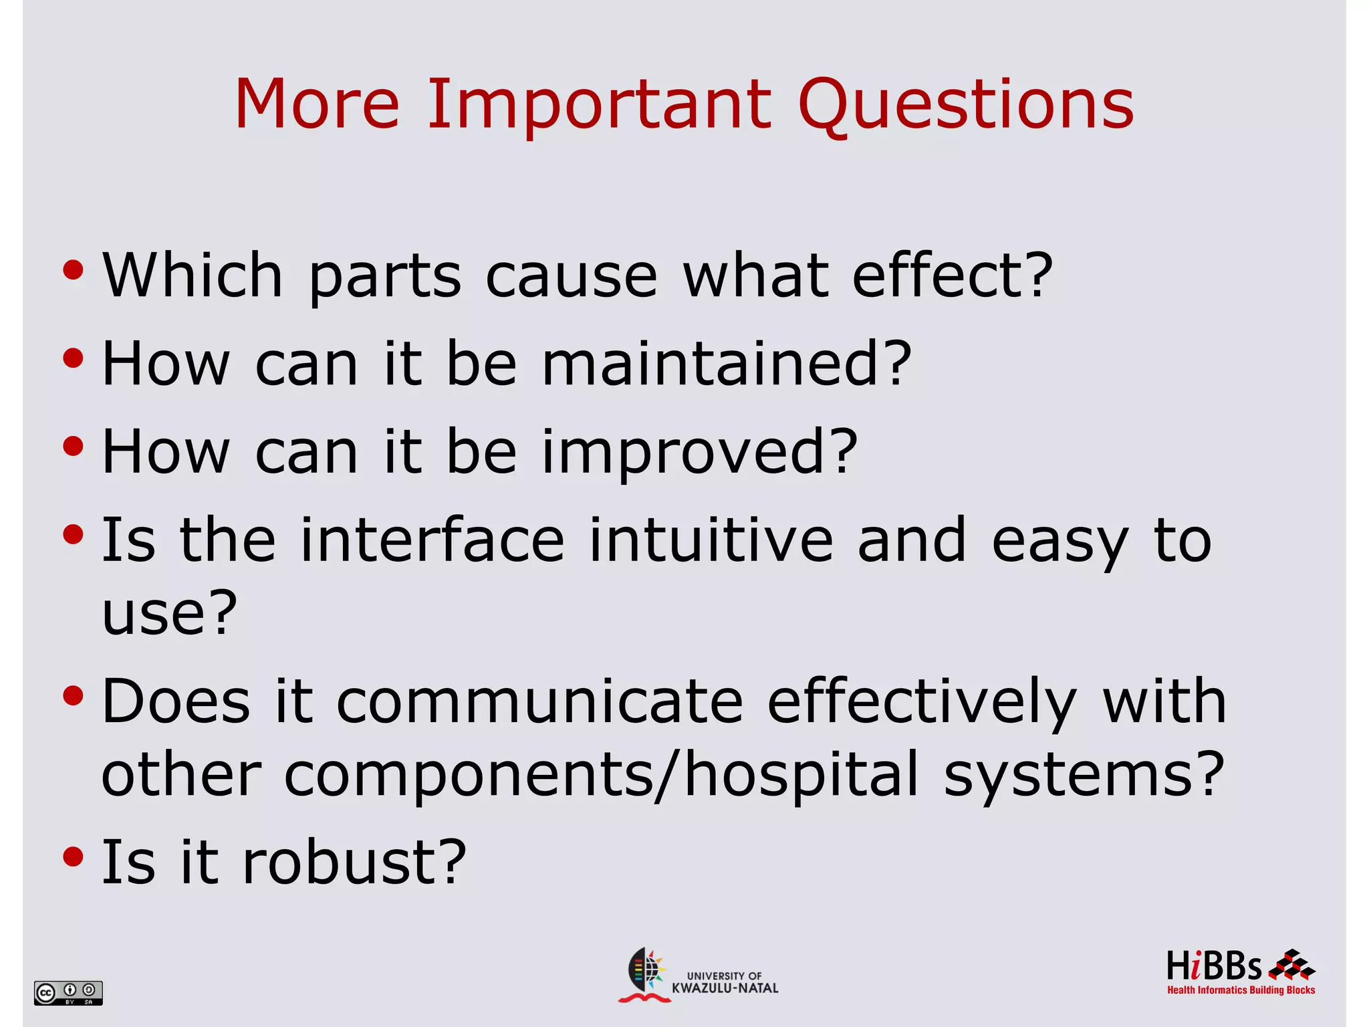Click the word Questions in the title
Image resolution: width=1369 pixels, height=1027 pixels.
pyautogui.click(x=965, y=105)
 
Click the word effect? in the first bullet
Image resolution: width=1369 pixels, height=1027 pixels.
pyautogui.click(x=952, y=275)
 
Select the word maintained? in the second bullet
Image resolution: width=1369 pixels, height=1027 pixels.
pyautogui.click(x=726, y=364)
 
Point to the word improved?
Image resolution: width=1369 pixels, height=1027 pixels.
pyautogui.click(x=699, y=453)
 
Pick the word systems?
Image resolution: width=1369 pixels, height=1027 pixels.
pyautogui.click(x=1084, y=775)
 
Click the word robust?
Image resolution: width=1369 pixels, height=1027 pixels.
pyautogui.click(x=354, y=863)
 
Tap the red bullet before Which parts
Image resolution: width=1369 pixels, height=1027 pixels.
pyautogui.click(x=73, y=271)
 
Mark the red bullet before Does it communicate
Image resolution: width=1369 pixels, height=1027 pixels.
pyautogui.click(x=73, y=697)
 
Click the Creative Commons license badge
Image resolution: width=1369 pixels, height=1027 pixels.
pyautogui.click(x=68, y=992)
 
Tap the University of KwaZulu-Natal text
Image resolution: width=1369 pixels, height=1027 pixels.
pyautogui.click(x=725, y=982)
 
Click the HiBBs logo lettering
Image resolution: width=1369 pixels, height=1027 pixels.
pyautogui.click(x=1213, y=967)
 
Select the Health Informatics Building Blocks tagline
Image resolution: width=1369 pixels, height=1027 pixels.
pyautogui.click(x=1241, y=990)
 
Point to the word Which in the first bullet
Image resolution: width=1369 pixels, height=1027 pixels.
pyautogui.click(x=193, y=275)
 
